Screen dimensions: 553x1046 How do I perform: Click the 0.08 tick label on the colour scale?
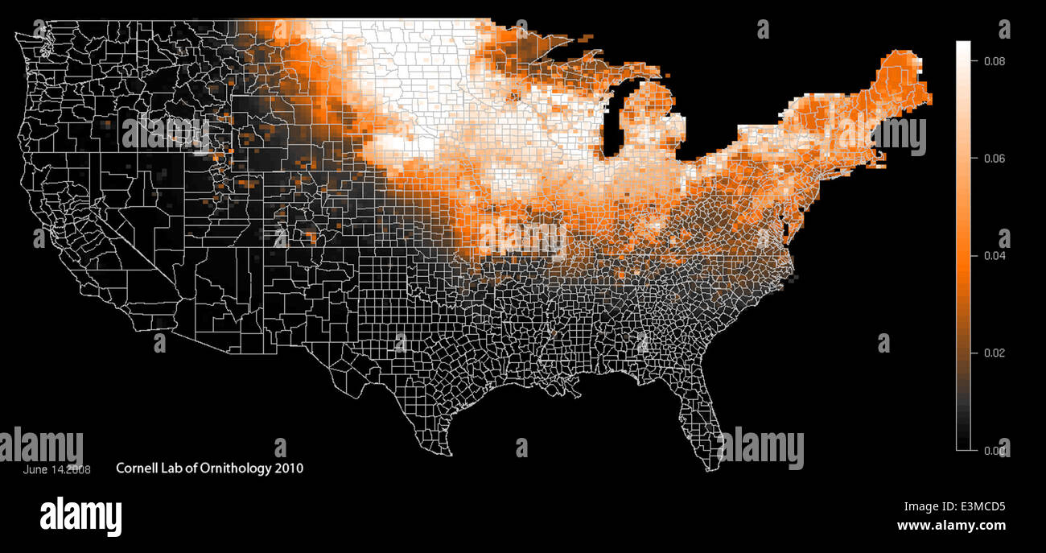(x=995, y=61)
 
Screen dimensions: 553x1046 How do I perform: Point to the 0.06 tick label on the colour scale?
(x=995, y=159)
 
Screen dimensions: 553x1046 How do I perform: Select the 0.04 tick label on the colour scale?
(x=995, y=256)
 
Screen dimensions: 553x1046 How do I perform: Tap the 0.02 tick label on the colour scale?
(x=995, y=353)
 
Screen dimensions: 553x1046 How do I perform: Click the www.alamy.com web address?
(x=951, y=526)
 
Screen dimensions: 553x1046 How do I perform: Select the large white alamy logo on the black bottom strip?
(x=80, y=516)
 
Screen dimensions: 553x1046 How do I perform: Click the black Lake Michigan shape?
(x=616, y=121)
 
